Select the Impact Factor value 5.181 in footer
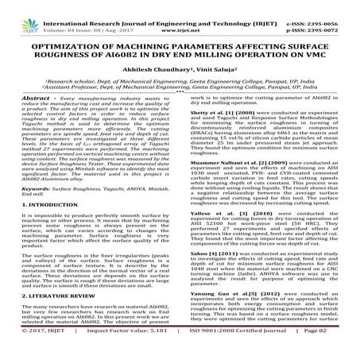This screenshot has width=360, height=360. tap(148, 349)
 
